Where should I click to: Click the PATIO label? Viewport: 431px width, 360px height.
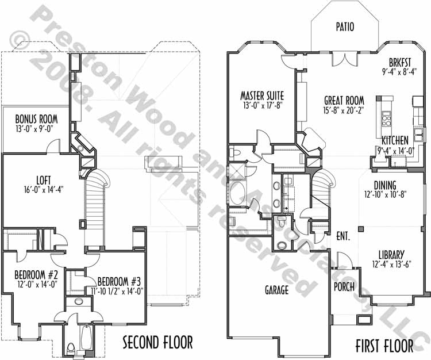[x=345, y=26]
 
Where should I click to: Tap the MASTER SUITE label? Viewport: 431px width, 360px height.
[x=262, y=95]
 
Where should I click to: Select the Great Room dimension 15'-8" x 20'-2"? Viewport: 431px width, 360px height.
[x=344, y=110]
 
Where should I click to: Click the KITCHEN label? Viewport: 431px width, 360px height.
[x=395, y=140]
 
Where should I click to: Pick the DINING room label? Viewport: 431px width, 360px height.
[x=385, y=185]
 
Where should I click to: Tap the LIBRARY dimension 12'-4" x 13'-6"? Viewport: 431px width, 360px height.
[x=391, y=265]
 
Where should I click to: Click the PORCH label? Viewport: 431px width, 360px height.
[x=344, y=287]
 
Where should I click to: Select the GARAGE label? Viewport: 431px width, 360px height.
[x=277, y=290]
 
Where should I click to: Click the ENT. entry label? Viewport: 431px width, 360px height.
[x=343, y=236]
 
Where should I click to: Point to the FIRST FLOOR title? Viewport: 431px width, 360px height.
[x=384, y=346]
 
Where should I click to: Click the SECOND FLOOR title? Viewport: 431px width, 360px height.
[x=157, y=342]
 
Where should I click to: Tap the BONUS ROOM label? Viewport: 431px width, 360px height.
[x=37, y=119]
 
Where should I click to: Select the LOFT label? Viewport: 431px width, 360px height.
[x=44, y=180]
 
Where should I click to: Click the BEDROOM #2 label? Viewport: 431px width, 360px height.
[x=36, y=274]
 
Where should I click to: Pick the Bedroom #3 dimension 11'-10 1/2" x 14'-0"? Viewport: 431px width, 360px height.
[x=117, y=291]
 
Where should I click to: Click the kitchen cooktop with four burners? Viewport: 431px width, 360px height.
[x=387, y=119]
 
